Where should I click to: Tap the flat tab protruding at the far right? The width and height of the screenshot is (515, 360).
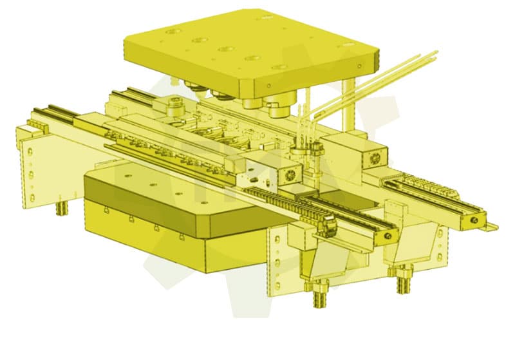tap(491, 226)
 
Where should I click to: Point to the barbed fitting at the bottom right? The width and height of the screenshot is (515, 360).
tap(404, 283)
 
